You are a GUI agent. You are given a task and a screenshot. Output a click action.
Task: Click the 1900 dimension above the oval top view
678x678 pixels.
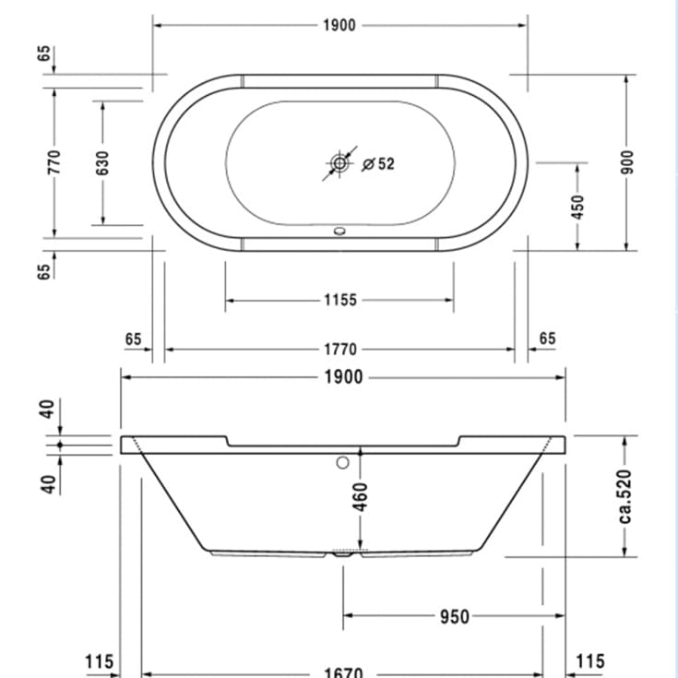pos(339,25)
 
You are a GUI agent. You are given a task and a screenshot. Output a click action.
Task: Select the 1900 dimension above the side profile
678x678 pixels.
pos(342,377)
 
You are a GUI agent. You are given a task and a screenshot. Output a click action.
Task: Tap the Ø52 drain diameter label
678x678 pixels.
pos(379,163)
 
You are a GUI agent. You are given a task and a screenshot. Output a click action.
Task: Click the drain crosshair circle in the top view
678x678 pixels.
pos(339,163)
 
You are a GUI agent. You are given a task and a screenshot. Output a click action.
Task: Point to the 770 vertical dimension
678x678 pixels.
pos(54,162)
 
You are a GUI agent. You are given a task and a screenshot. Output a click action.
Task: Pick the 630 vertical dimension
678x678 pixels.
pos(102,162)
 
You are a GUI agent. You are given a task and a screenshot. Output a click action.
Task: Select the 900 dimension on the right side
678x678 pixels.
pos(626,162)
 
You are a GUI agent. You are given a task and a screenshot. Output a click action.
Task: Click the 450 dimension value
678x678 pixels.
pos(578,205)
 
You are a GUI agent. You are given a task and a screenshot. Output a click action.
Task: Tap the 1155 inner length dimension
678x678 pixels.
pos(339,300)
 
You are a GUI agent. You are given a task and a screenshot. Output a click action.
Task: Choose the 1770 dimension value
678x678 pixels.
pos(339,350)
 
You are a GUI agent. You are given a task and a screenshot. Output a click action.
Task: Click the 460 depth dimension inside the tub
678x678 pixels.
pos(361,496)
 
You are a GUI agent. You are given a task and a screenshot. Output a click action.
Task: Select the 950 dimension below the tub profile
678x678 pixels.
pos(454,616)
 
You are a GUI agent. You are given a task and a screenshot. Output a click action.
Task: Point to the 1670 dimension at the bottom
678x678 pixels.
pos(342,672)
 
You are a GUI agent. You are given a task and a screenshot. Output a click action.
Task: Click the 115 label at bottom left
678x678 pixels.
pos(99,661)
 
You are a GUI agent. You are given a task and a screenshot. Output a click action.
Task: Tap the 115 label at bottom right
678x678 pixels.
pos(589,661)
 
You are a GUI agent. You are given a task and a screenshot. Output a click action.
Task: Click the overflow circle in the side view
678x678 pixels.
pos(344,463)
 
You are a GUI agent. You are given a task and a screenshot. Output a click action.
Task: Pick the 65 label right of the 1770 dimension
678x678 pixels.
pos(547,339)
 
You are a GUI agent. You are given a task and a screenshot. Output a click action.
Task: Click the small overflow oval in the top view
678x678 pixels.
pos(339,232)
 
